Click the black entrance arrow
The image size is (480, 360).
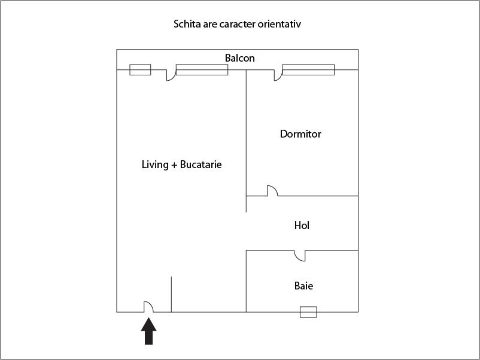149,331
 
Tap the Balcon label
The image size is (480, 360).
239,58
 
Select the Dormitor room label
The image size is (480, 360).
300,134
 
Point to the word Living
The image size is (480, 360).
155,165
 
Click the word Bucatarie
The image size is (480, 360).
201,164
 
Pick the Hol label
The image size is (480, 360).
302,225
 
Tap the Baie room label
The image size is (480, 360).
303,286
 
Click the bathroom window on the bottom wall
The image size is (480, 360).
308,312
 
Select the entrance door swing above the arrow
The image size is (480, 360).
149,307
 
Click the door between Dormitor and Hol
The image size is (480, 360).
272,191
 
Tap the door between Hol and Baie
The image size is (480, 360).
300,256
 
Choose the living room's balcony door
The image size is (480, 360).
171,75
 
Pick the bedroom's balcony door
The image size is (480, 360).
278,75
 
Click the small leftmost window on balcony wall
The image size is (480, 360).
140,70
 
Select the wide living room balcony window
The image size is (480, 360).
202,70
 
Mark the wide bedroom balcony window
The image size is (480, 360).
308,70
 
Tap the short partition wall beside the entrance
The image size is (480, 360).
171,294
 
